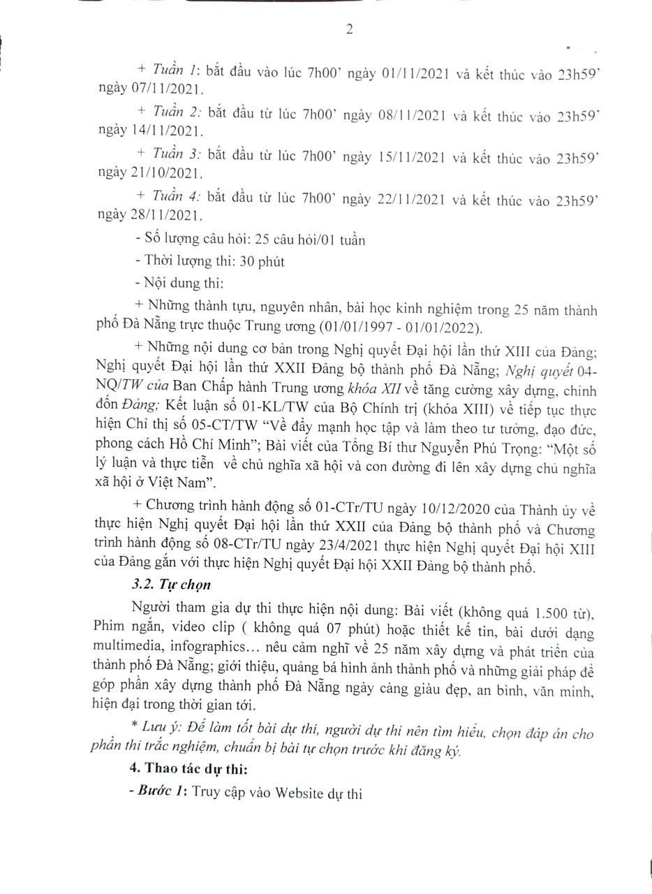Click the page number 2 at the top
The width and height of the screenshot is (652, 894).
click(349, 29)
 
